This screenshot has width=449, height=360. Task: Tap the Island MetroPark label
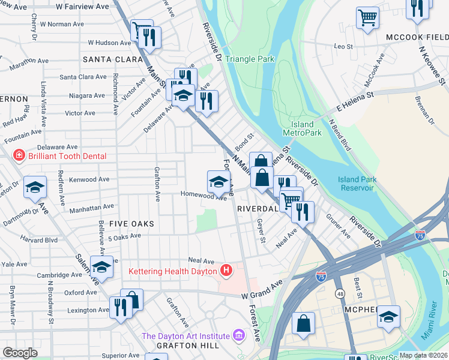coord(298,128)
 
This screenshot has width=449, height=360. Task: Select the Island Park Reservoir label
coord(357,184)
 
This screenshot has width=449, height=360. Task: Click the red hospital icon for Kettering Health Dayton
coord(226,271)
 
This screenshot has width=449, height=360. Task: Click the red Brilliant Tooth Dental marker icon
coord(19,155)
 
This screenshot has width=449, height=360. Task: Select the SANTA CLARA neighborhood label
coord(107,59)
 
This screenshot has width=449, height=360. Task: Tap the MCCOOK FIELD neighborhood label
coord(417,36)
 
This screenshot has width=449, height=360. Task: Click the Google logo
coord(20,353)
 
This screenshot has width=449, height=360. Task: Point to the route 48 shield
coord(340,295)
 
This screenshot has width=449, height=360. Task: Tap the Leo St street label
coord(343,46)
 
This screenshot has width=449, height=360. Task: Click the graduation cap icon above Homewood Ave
coord(218,181)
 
